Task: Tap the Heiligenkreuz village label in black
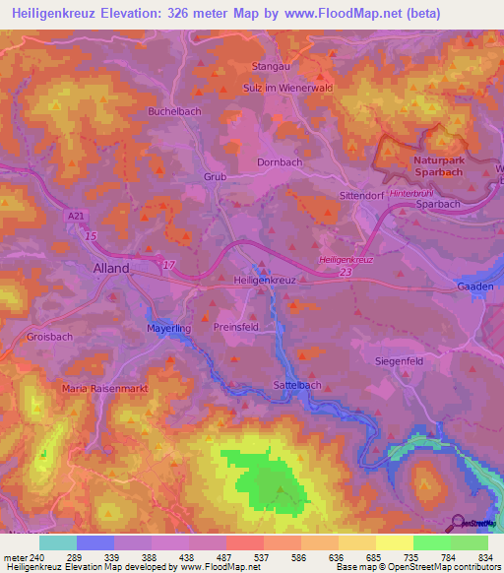tap(264, 281)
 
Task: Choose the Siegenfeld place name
tap(401, 360)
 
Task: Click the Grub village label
tap(215, 177)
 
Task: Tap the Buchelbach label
tap(174, 111)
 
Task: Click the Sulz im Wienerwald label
tap(287, 88)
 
